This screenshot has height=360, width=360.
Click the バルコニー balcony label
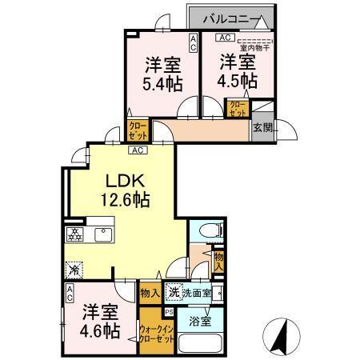tap(229, 17)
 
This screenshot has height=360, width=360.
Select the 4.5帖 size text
tap(238, 82)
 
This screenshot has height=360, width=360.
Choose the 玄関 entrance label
tap(262, 126)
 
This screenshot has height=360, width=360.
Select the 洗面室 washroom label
tap(196, 293)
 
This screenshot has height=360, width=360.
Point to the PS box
tap(169, 312)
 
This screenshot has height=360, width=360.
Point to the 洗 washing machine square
tap(173, 293)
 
